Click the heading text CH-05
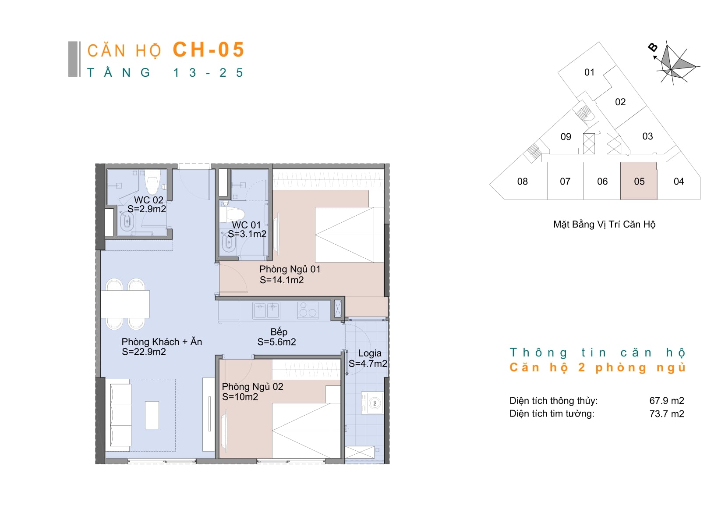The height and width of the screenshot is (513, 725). [209, 50]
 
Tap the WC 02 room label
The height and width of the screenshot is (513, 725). [149, 200]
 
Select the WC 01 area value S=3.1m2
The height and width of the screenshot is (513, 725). [247, 234]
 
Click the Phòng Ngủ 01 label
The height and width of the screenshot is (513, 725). [290, 269]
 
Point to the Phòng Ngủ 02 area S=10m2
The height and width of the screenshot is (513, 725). [240, 397]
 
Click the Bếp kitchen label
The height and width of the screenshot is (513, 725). [279, 331]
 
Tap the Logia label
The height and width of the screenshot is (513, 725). [370, 353]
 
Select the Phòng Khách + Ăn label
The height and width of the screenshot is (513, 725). [162, 342]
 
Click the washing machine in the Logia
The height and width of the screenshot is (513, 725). [372, 403]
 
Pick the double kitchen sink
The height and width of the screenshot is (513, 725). [266, 310]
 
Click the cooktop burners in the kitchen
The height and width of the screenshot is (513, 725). [308, 310]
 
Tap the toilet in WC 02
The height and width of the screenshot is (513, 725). [152, 182]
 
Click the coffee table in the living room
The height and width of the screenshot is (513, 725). [152, 415]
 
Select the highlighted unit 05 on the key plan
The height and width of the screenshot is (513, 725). [639, 181]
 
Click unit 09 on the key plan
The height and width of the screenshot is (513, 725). [566, 137]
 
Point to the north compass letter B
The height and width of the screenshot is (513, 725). [653, 48]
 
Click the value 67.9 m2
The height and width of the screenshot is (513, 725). [666, 401]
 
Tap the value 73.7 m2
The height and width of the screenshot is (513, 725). [666, 413]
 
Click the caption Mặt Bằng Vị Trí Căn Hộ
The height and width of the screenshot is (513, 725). [604, 224]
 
